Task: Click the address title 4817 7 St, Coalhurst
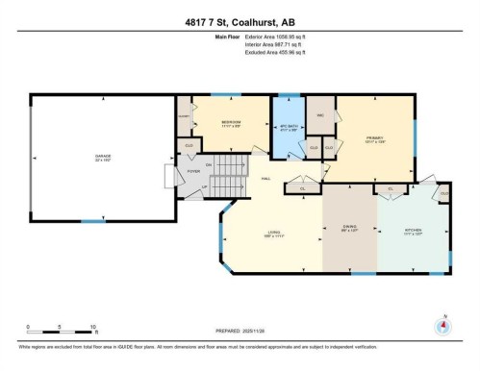click(240, 20)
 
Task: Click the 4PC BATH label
click(287, 129)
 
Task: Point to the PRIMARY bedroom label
click(374, 138)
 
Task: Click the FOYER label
click(192, 170)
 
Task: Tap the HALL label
click(265, 180)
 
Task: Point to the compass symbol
click(443, 323)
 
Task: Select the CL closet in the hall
click(303, 188)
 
